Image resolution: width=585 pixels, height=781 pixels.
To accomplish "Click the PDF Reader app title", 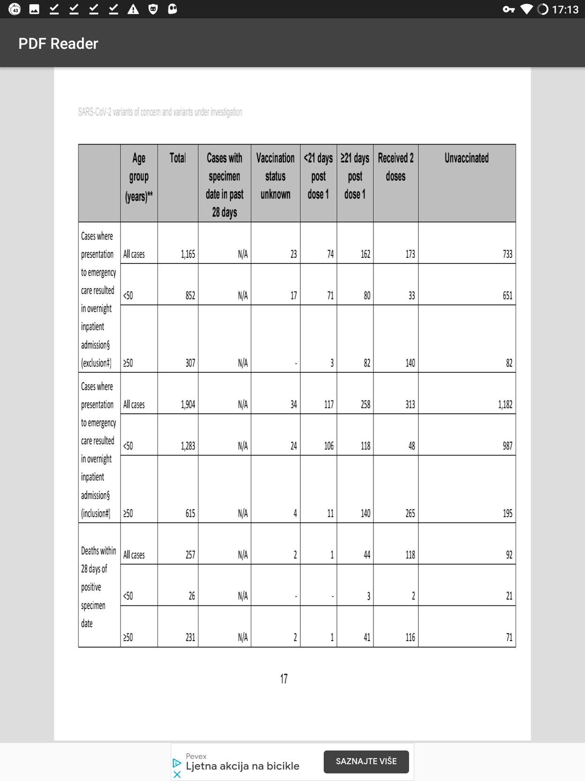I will tap(58, 44).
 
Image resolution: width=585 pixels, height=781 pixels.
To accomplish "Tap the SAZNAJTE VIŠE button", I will tap(366, 761).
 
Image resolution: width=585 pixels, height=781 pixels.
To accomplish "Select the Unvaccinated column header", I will tap(466, 158).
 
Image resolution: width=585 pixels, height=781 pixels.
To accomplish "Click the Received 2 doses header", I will tap(395, 167).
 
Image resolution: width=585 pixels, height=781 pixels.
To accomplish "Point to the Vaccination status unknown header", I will tap(275, 176).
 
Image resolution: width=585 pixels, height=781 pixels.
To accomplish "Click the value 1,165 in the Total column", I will tap(188, 254).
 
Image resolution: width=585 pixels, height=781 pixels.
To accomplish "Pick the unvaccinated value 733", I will tap(507, 254).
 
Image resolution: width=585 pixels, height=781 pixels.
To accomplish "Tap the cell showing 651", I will tap(507, 295).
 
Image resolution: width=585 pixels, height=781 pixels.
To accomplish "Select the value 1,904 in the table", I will tap(188, 404).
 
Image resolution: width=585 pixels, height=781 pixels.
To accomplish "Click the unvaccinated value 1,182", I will tap(505, 404).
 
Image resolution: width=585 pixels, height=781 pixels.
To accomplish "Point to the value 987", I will tap(507, 446).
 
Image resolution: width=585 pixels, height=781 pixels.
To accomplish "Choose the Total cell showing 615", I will tap(190, 513).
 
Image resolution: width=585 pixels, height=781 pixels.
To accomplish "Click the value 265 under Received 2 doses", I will tap(410, 513).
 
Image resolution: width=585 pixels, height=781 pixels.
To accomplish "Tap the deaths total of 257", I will tap(190, 555).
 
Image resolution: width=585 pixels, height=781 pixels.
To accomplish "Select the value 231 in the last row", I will tap(190, 637).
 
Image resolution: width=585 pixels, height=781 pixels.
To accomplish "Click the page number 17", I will tap(284, 679).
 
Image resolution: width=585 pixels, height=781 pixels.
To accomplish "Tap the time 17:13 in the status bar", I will tap(565, 9).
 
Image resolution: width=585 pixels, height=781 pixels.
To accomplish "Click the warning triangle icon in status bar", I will tap(133, 9).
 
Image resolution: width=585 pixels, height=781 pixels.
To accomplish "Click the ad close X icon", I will tap(177, 774).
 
